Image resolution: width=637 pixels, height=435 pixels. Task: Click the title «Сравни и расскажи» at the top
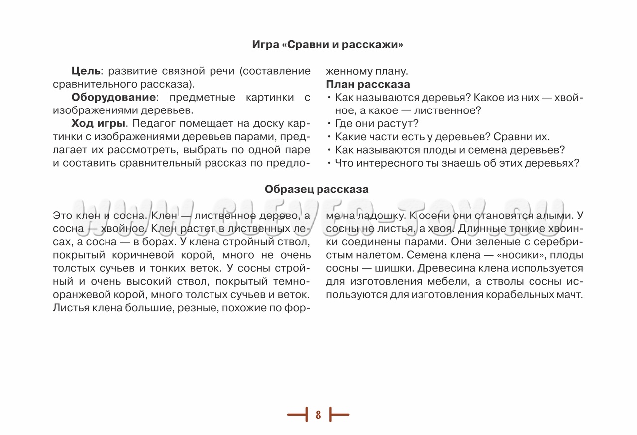tap(327, 45)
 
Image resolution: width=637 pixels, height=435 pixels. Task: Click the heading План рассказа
tap(368, 84)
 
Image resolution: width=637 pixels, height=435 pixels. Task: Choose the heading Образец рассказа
tap(317, 189)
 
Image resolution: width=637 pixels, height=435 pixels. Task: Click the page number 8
tap(318, 414)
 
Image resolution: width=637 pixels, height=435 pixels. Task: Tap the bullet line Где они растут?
tap(377, 123)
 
